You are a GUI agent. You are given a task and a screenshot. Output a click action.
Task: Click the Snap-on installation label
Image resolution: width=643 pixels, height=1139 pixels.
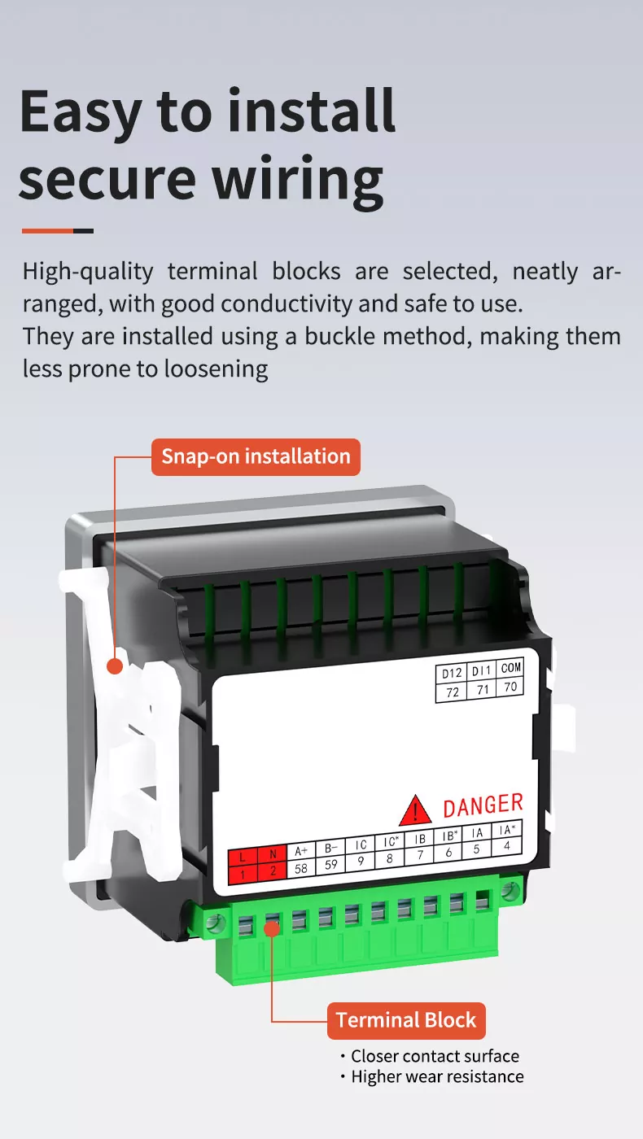256,456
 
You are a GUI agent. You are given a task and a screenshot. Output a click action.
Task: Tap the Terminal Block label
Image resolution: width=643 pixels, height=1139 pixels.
406,1020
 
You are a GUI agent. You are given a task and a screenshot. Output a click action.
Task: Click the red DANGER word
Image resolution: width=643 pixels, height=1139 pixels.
483,805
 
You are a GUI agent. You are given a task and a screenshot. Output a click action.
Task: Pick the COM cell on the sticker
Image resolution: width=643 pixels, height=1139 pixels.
510,668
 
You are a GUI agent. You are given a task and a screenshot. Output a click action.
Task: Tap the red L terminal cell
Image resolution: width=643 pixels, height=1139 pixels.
242,857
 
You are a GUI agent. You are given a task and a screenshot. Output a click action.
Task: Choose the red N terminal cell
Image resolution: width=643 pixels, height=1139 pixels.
273,854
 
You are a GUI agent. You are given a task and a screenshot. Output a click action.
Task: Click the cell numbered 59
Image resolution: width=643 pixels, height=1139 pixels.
331,865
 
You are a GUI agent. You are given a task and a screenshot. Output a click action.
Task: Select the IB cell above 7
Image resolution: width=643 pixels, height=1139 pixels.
420,839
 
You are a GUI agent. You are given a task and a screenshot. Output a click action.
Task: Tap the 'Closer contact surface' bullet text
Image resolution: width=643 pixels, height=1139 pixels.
435,1056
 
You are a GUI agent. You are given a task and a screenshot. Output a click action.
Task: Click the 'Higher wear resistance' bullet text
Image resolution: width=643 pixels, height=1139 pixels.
437,1076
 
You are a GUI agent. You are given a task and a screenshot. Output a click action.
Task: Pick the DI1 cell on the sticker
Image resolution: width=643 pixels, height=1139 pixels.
482,670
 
